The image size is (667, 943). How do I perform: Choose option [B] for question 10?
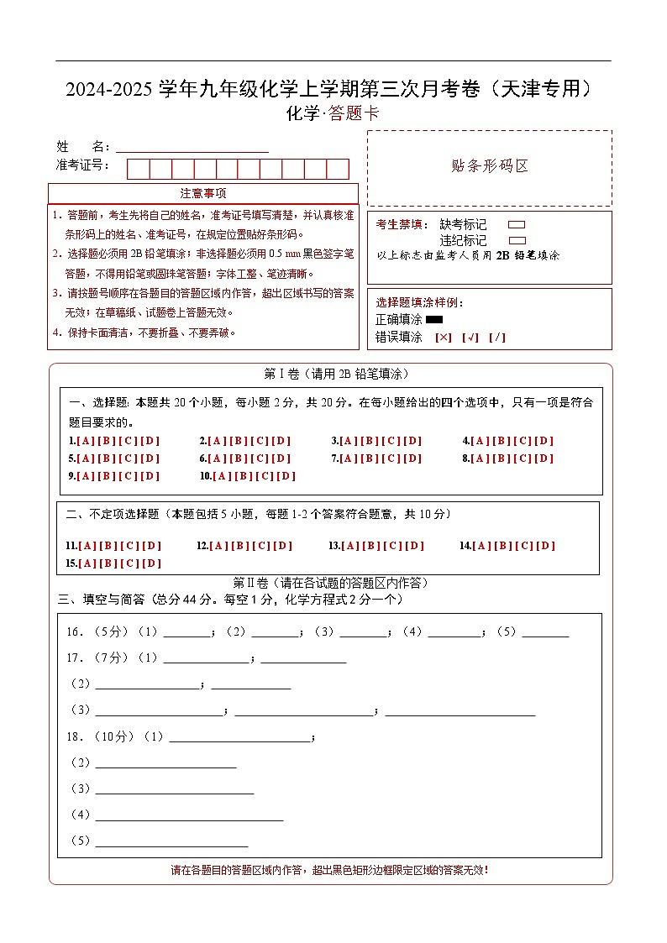click(243, 476)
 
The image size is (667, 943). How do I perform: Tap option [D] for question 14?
click(546, 546)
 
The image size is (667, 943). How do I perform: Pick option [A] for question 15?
click(88, 563)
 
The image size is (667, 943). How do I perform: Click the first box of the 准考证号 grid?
click(138, 169)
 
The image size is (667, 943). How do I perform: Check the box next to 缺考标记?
click(517, 225)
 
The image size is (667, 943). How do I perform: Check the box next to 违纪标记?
click(517, 240)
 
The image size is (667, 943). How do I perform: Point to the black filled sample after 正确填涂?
click(434, 319)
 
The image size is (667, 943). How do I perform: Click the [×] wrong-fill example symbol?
click(444, 338)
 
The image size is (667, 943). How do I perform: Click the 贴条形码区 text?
click(490, 166)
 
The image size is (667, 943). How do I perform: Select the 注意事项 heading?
click(202, 194)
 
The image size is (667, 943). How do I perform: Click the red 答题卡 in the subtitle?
click(354, 114)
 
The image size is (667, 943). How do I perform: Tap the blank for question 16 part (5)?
click(545, 633)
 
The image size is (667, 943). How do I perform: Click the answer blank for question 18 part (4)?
click(189, 815)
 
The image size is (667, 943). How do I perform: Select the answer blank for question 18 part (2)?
click(165, 762)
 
